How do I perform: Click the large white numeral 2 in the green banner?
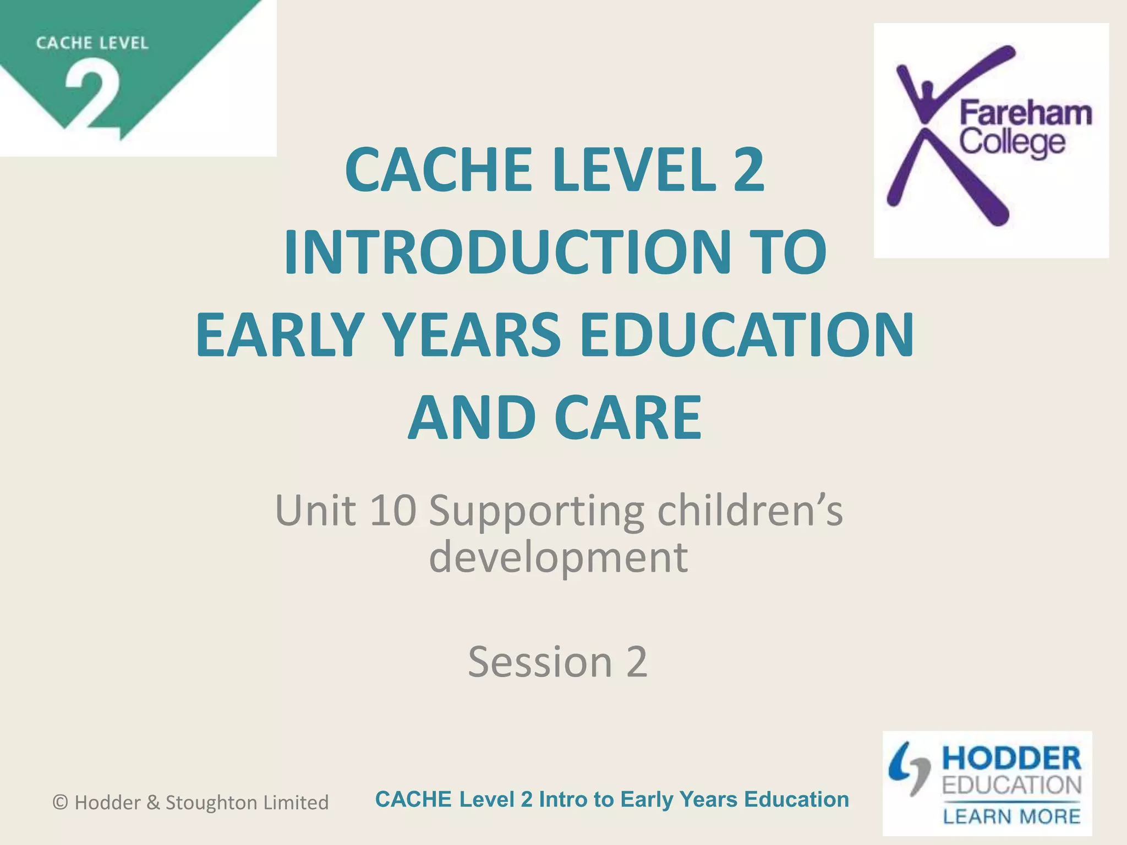pos(92,99)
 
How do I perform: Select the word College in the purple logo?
pos(1013,142)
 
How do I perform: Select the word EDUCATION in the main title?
pos(747,334)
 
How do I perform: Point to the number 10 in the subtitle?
pos(392,510)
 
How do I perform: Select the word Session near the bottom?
pos(540,661)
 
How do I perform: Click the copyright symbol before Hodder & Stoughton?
pos(60,803)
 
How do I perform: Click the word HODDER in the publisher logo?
pos(1011,759)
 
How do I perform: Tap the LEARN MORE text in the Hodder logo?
pos(1011,816)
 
